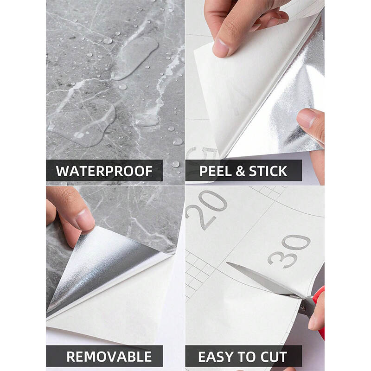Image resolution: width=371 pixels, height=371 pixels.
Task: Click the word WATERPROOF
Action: point(104,171)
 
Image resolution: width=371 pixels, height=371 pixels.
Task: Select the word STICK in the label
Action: point(268,171)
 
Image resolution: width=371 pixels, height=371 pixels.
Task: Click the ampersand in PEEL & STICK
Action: point(240,171)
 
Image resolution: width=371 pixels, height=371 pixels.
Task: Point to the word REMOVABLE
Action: point(109,357)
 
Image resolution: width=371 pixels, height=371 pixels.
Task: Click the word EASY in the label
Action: point(215,357)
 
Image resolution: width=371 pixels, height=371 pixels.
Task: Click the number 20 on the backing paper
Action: point(206,210)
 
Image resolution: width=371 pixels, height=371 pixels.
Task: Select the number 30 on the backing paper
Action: point(288,251)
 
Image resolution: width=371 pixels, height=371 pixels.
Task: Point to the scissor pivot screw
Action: point(303,308)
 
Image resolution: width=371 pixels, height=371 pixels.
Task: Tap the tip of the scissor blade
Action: point(227,262)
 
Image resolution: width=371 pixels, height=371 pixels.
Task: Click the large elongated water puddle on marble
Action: point(135,58)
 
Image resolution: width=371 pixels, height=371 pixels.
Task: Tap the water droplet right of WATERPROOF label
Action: point(175,164)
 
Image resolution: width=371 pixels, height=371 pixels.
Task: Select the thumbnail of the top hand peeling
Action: point(220,49)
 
